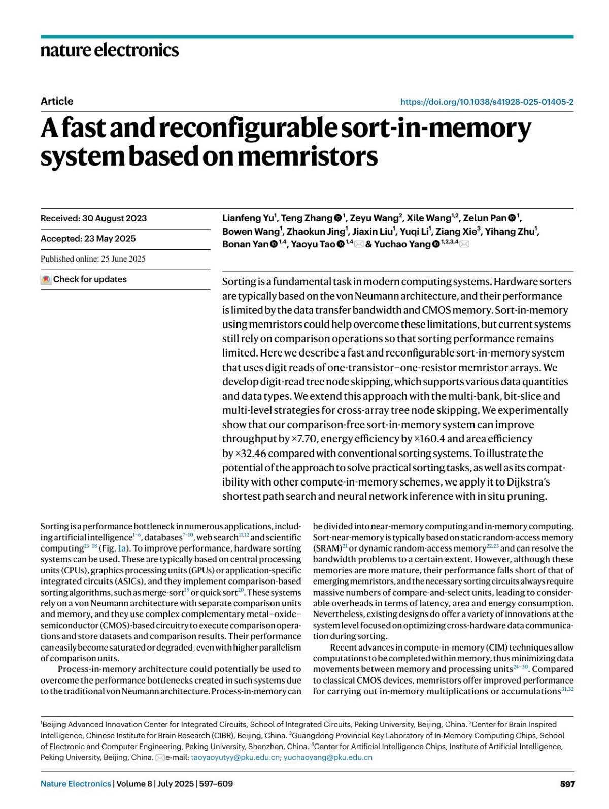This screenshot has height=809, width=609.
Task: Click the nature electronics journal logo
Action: pyautogui.click(x=110, y=50)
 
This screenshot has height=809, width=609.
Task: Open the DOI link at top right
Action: pyautogui.click(x=487, y=102)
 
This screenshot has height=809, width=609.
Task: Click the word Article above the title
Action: pyautogui.click(x=57, y=101)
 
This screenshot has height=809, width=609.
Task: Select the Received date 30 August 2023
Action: pyautogui.click(x=114, y=218)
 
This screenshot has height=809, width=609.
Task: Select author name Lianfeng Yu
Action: pyautogui.click(x=248, y=218)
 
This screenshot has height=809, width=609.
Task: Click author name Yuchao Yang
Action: pyautogui.click(x=402, y=244)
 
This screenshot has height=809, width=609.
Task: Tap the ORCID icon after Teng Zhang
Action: pyautogui.click(x=338, y=218)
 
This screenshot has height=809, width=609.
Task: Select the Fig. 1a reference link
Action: pyautogui.click(x=114, y=548)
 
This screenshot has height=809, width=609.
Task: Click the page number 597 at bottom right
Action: pyautogui.click(x=567, y=784)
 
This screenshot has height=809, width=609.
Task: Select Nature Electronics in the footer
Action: pyautogui.click(x=76, y=784)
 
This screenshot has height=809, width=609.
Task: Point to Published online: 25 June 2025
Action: pyautogui.click(x=93, y=259)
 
